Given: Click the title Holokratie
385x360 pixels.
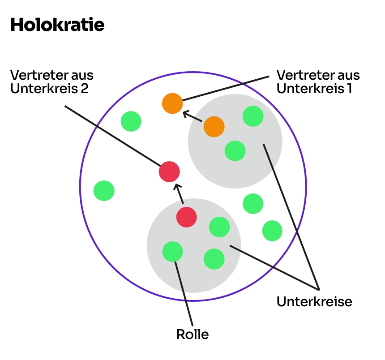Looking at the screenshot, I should point(57,25).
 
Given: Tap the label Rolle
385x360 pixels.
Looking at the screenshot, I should point(192,334).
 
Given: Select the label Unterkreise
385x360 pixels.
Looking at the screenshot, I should point(314,302).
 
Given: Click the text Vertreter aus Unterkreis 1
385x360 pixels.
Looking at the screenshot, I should point(318,81).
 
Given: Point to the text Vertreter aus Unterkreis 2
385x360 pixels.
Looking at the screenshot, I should point(52,81).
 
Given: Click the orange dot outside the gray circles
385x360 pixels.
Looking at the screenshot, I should point(172,103).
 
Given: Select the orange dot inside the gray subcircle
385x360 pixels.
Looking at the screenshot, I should point(214,127).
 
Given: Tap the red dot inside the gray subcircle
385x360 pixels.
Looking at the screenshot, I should point(186,217).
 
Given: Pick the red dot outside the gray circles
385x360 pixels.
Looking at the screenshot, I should point(169,172).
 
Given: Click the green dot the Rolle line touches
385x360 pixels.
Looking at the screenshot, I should point(172,252).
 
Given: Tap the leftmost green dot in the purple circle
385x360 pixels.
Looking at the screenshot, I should point(104,191).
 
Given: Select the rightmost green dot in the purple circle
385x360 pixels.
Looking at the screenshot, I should point(272,231).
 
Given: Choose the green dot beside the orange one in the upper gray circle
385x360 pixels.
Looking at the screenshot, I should point(253,116).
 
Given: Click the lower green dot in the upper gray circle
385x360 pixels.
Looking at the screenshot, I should point(235,150).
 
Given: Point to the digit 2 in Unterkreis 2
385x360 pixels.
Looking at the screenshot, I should point(85,89).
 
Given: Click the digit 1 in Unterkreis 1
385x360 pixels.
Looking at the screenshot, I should point(349,89).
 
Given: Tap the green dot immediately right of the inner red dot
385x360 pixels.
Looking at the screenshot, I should point(219,227).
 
